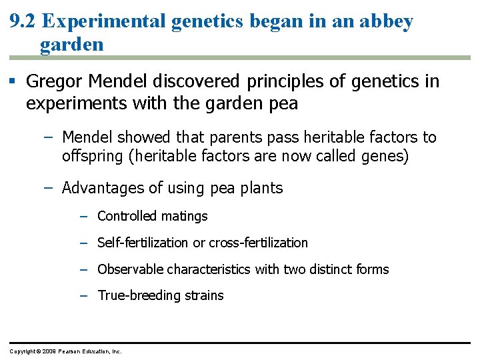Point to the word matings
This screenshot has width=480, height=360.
[184, 216]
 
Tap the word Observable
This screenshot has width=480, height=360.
[130, 269]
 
